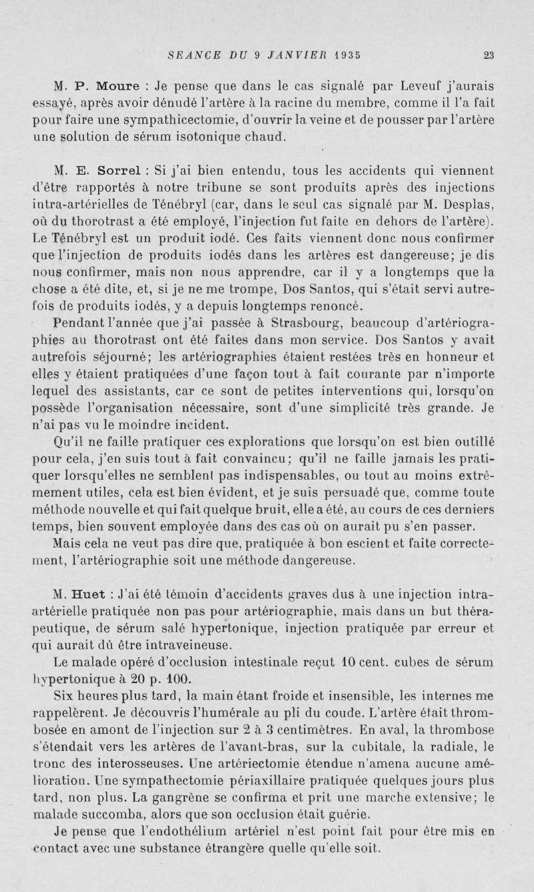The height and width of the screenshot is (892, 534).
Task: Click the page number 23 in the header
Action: [489, 56]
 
